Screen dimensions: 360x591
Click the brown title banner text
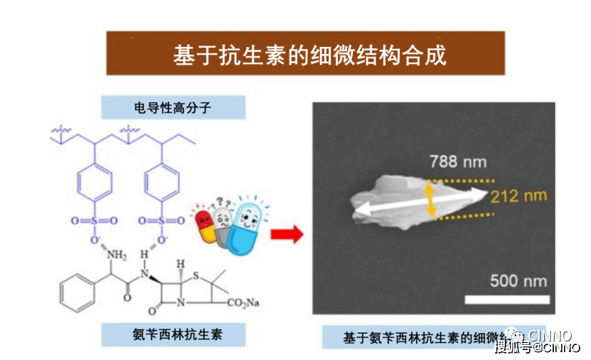coord(305,55)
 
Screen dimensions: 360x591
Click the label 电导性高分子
coord(173,107)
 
